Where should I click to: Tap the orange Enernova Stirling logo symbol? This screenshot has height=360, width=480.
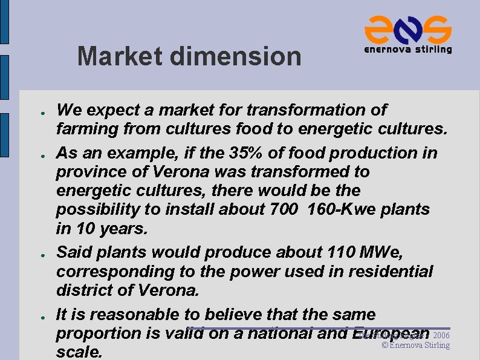point(407,28)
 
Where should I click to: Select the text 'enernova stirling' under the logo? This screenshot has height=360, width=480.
point(407,50)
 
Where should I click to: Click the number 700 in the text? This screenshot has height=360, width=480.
point(284,210)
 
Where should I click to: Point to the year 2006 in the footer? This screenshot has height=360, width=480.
point(441,335)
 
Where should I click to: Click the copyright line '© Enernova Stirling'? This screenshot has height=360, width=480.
point(416,345)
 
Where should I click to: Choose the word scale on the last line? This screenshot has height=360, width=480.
point(77,352)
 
